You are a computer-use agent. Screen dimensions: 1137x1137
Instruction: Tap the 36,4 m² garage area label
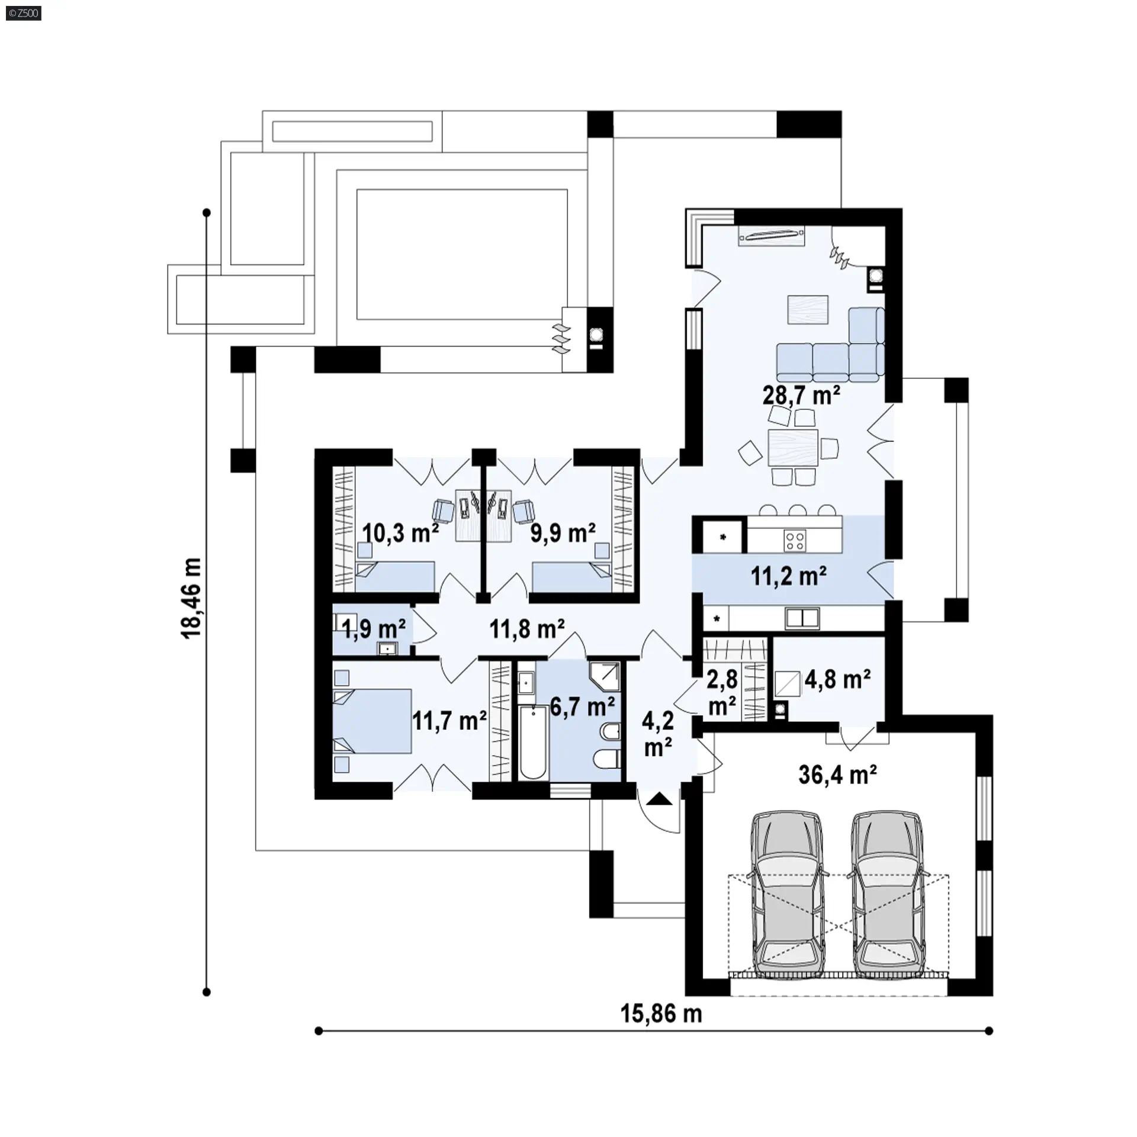837,775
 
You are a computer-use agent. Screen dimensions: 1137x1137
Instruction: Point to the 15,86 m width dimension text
661,1014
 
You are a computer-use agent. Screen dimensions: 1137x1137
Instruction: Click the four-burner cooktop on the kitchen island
794,539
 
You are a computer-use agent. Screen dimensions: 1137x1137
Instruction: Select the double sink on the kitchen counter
802,618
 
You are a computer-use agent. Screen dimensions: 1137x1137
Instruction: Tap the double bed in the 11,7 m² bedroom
372,721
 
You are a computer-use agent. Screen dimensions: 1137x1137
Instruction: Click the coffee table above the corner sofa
808,309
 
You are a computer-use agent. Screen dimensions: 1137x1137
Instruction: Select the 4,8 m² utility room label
837,679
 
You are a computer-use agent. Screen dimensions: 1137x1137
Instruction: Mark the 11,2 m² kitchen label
789,576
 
